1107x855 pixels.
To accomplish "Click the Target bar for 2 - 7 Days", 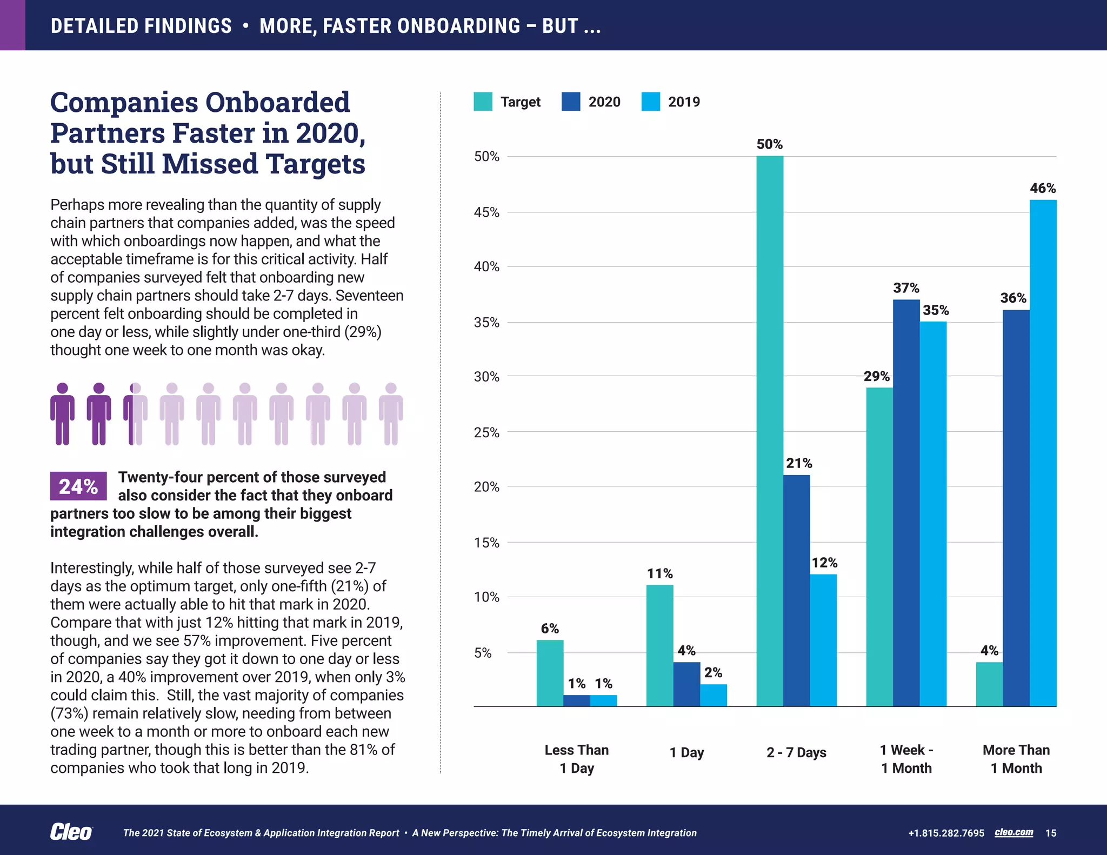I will coord(770,431).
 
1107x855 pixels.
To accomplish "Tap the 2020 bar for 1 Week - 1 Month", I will coord(906,503).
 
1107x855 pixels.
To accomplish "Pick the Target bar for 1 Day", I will coord(659,645).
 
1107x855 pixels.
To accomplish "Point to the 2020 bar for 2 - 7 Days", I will coord(796,590).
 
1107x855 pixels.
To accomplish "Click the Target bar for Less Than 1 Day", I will coord(550,673).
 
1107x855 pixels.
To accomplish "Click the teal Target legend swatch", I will coord(483,102).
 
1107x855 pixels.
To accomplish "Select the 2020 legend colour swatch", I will coord(571,102).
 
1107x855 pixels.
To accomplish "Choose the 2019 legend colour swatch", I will coord(650,102).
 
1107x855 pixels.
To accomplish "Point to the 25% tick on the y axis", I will coord(486,432).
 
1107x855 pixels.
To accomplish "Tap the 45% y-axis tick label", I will coord(486,212).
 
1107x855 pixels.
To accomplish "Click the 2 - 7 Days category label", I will coord(796,752).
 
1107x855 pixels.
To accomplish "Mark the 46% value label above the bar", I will coord(1043,188).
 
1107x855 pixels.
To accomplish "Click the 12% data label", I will coord(824,563).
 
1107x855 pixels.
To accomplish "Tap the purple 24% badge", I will coord(78,486).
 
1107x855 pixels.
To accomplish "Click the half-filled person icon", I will coord(135,414).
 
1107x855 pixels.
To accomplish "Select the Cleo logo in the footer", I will coord(71,832).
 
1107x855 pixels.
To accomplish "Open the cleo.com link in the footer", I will coord(1013,832).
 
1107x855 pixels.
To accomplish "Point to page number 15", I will coord(1051,833).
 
